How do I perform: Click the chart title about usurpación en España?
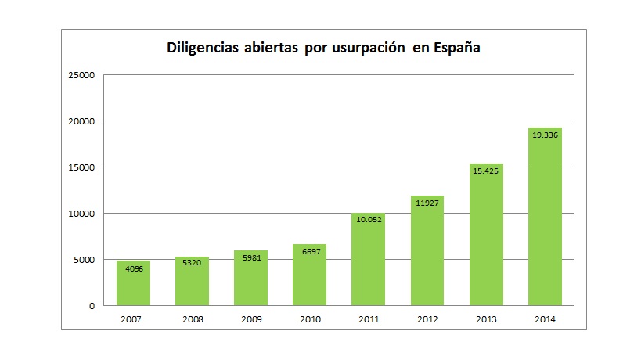click(x=323, y=48)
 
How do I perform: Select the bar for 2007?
click(x=134, y=283)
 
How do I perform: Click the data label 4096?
click(x=134, y=269)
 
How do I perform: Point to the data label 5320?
click(x=193, y=262)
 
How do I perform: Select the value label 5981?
click(x=251, y=257)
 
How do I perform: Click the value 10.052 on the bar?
click(x=369, y=220)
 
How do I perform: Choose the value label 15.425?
click(x=486, y=171)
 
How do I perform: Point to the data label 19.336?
click(x=545, y=135)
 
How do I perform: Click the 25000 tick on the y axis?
click(x=81, y=75)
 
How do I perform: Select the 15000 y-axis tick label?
click(x=81, y=167)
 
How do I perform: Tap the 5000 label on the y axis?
click(x=84, y=260)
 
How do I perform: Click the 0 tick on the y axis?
click(x=92, y=306)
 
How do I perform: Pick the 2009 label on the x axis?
click(x=251, y=320)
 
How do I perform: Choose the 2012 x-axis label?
click(x=427, y=320)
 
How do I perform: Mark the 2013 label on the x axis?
click(x=486, y=320)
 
